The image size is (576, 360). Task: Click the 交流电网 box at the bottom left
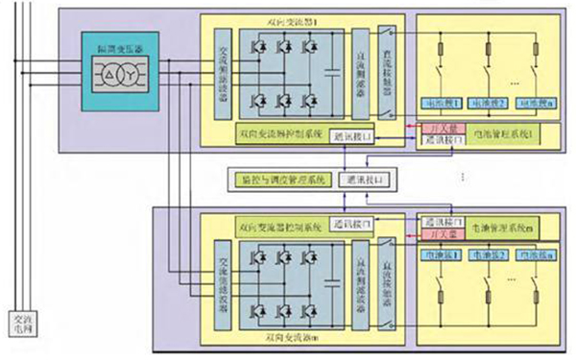point(20,324)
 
